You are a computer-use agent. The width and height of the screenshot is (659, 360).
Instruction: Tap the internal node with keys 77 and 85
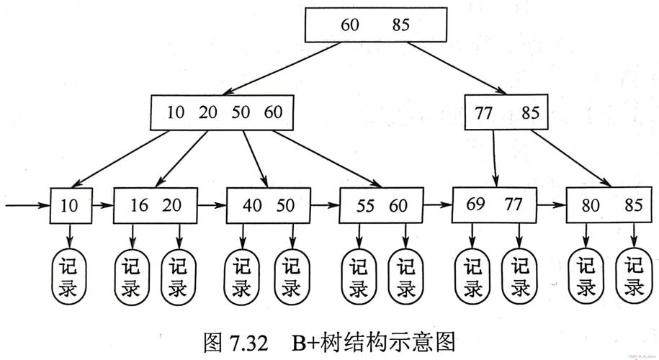tap(506, 112)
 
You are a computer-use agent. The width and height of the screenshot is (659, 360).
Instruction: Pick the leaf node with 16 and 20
tap(155, 205)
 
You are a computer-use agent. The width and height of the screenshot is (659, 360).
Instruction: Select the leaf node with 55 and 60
tap(381, 205)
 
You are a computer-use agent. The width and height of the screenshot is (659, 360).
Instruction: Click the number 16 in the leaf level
tap(139, 205)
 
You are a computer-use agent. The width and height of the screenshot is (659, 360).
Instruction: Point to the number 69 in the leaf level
tap(475, 204)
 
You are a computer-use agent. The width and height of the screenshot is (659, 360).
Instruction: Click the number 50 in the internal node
tap(241, 112)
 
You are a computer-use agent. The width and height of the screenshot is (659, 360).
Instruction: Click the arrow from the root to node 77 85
tap(454, 68)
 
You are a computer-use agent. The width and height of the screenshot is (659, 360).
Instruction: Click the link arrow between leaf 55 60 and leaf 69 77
tap(437, 205)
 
